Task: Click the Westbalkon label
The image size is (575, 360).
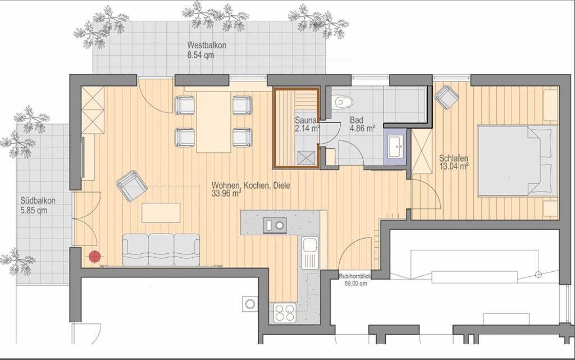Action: point(207,45)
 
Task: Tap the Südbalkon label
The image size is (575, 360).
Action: point(38,201)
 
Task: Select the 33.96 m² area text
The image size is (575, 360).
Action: point(226,194)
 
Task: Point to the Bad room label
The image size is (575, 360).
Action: point(356,120)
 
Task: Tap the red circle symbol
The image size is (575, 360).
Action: point(95,257)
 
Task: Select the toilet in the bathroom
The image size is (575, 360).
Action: point(343,100)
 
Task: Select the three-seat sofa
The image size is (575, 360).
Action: point(161,250)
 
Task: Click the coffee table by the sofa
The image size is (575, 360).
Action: point(161,213)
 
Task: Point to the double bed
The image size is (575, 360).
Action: point(517,161)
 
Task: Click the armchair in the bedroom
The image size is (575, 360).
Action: point(447,97)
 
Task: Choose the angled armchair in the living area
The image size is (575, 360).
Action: point(131,185)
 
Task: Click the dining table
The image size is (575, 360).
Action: point(214,122)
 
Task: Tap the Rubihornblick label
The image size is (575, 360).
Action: point(355,277)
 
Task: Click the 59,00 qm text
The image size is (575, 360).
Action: point(355,284)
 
